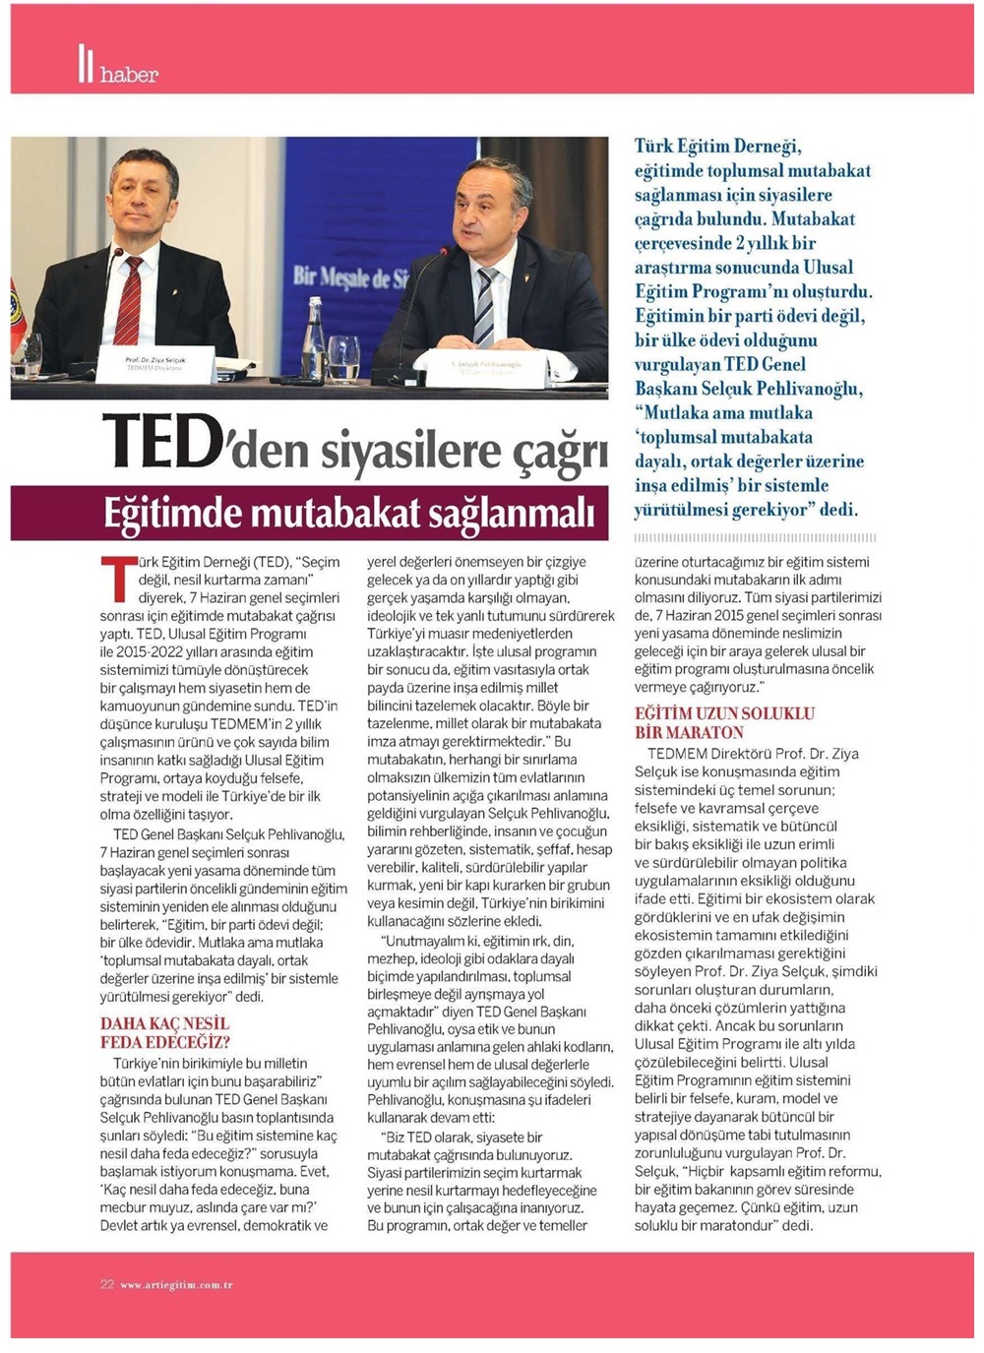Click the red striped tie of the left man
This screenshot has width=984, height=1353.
[x=129, y=300]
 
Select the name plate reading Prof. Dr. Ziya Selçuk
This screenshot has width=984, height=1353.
[x=155, y=363]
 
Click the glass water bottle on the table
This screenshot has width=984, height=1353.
[x=314, y=335]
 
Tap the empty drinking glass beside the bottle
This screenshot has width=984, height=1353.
[x=344, y=356]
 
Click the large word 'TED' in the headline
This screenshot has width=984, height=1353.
[x=157, y=443]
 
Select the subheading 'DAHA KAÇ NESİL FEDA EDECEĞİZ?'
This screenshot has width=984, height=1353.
[x=165, y=1033]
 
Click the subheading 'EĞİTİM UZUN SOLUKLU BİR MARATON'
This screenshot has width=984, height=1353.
[x=724, y=723]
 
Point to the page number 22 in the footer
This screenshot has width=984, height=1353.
[x=107, y=1284]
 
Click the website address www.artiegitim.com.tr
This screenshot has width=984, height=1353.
[x=177, y=1285]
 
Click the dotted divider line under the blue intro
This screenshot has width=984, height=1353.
[x=755, y=538]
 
